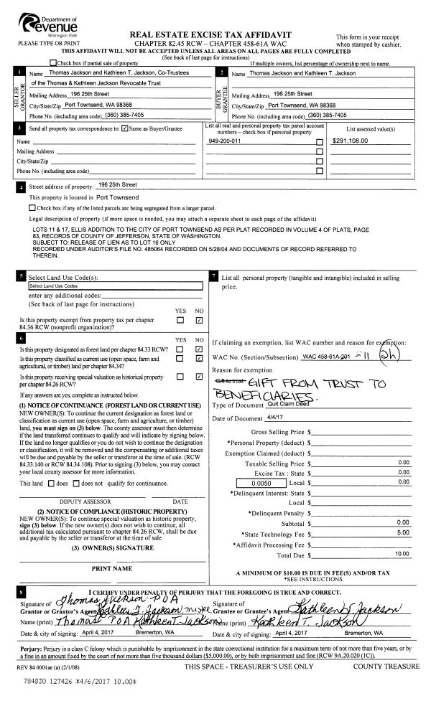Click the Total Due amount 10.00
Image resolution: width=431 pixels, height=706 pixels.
coord(402,555)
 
